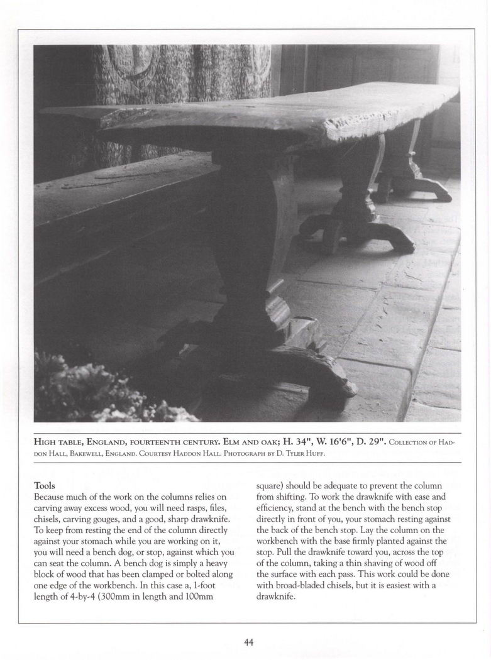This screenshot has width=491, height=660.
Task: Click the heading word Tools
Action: coord(45,486)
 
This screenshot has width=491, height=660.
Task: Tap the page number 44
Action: coord(248,642)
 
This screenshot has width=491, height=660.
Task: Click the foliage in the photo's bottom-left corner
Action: coord(94,390)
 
